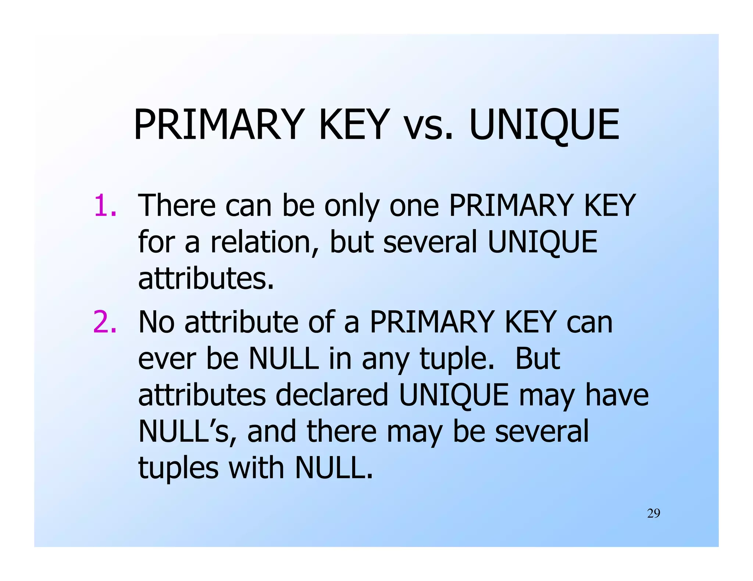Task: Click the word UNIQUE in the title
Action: [544, 125]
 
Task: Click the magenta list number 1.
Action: [105, 206]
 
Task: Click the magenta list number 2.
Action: [105, 322]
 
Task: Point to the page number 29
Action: [653, 513]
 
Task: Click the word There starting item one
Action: [176, 206]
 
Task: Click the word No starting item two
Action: [156, 322]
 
